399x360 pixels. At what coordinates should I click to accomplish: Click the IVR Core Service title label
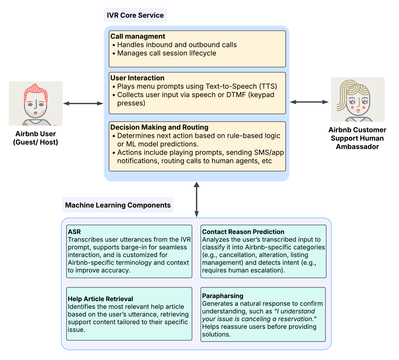(x=135, y=16)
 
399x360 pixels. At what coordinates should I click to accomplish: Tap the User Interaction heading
(x=137, y=78)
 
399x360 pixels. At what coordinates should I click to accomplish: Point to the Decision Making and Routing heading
(x=159, y=127)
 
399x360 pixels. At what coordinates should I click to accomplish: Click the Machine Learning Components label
(x=118, y=205)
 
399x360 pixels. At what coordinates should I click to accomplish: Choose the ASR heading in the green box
(x=74, y=231)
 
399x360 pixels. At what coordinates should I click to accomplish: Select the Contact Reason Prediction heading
(x=243, y=232)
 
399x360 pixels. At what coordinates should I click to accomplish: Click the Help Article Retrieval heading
(x=101, y=299)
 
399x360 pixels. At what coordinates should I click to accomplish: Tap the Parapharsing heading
(x=222, y=296)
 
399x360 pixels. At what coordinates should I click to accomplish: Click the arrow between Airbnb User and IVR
(x=83, y=103)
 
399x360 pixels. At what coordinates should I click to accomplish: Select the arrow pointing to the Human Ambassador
(x=309, y=102)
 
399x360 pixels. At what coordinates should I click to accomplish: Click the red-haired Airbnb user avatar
(x=35, y=103)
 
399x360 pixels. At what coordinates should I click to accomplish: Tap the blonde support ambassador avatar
(x=357, y=99)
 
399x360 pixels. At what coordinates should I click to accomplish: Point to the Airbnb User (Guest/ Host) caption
(x=35, y=138)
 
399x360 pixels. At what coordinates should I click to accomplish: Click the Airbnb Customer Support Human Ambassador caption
(x=357, y=138)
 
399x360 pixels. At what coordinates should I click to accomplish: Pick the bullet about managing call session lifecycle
(x=166, y=53)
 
